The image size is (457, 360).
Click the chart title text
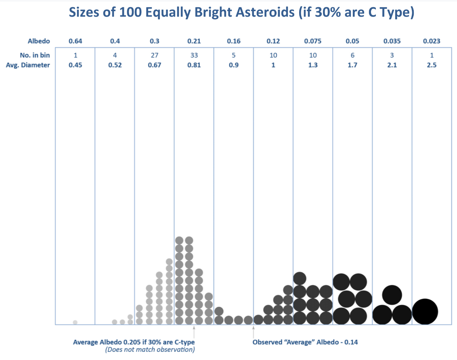[241, 13]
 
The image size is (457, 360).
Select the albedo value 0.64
[75, 41]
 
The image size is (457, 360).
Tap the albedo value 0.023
[432, 41]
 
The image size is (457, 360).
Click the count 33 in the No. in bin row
[194, 55]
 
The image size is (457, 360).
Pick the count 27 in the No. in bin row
[155, 55]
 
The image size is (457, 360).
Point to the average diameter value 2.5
[432, 65]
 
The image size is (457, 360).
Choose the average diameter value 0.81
[194, 65]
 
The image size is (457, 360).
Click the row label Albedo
[39, 41]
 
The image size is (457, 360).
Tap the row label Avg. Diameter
[28, 65]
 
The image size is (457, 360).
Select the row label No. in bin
[35, 55]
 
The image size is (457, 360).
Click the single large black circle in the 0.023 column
[425, 312]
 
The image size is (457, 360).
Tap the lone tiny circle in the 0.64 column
[75, 322]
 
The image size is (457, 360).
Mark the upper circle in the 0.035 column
[392, 295]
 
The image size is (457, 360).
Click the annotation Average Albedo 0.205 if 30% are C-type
[134, 342]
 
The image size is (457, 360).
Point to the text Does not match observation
[150, 350]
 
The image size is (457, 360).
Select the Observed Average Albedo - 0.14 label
[305, 342]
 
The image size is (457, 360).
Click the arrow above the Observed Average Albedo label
[253, 332]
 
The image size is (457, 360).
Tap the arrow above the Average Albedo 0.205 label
[194, 332]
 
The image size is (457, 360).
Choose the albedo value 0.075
[313, 41]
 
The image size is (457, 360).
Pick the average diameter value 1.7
[352, 65]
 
